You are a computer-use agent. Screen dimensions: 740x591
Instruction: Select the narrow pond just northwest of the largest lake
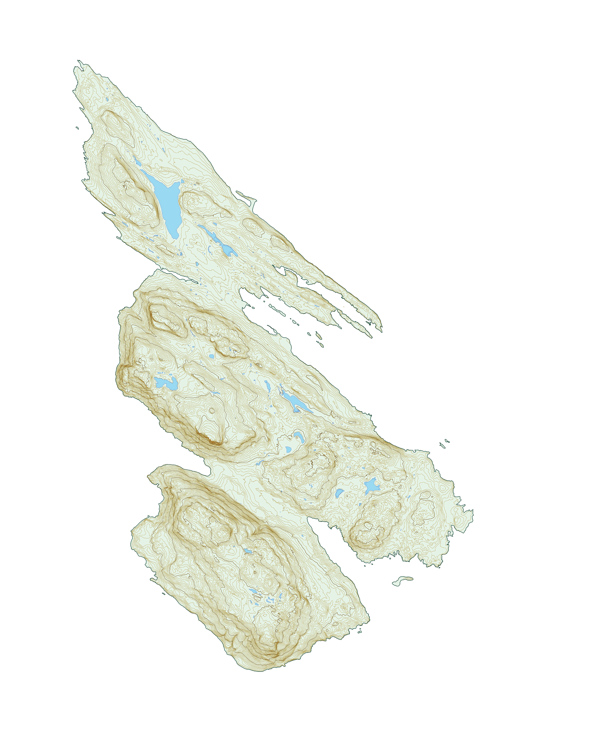pyautogui.click(x=137, y=161)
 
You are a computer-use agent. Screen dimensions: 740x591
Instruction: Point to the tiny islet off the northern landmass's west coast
pyautogui.click(x=77, y=128)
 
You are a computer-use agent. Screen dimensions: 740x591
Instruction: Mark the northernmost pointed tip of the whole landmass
pyautogui.click(x=78, y=61)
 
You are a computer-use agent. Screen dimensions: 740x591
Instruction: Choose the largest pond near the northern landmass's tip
pyautogui.click(x=107, y=99)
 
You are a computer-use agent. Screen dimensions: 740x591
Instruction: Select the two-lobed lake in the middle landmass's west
pyautogui.click(x=166, y=383)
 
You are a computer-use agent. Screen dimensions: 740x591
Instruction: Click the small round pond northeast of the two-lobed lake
pyautogui.click(x=211, y=356)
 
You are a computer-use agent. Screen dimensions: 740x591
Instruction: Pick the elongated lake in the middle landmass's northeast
pyautogui.click(x=295, y=402)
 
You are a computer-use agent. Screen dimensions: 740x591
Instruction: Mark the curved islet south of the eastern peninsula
pyautogui.click(x=403, y=580)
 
